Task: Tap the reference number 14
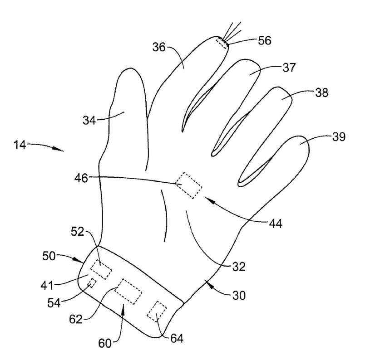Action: coord(20,145)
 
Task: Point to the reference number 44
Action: coord(274,223)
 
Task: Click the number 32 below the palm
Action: coord(238,267)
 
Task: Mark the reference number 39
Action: coord(338,136)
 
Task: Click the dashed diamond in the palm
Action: coord(188,185)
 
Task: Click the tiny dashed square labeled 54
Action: coord(92,283)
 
